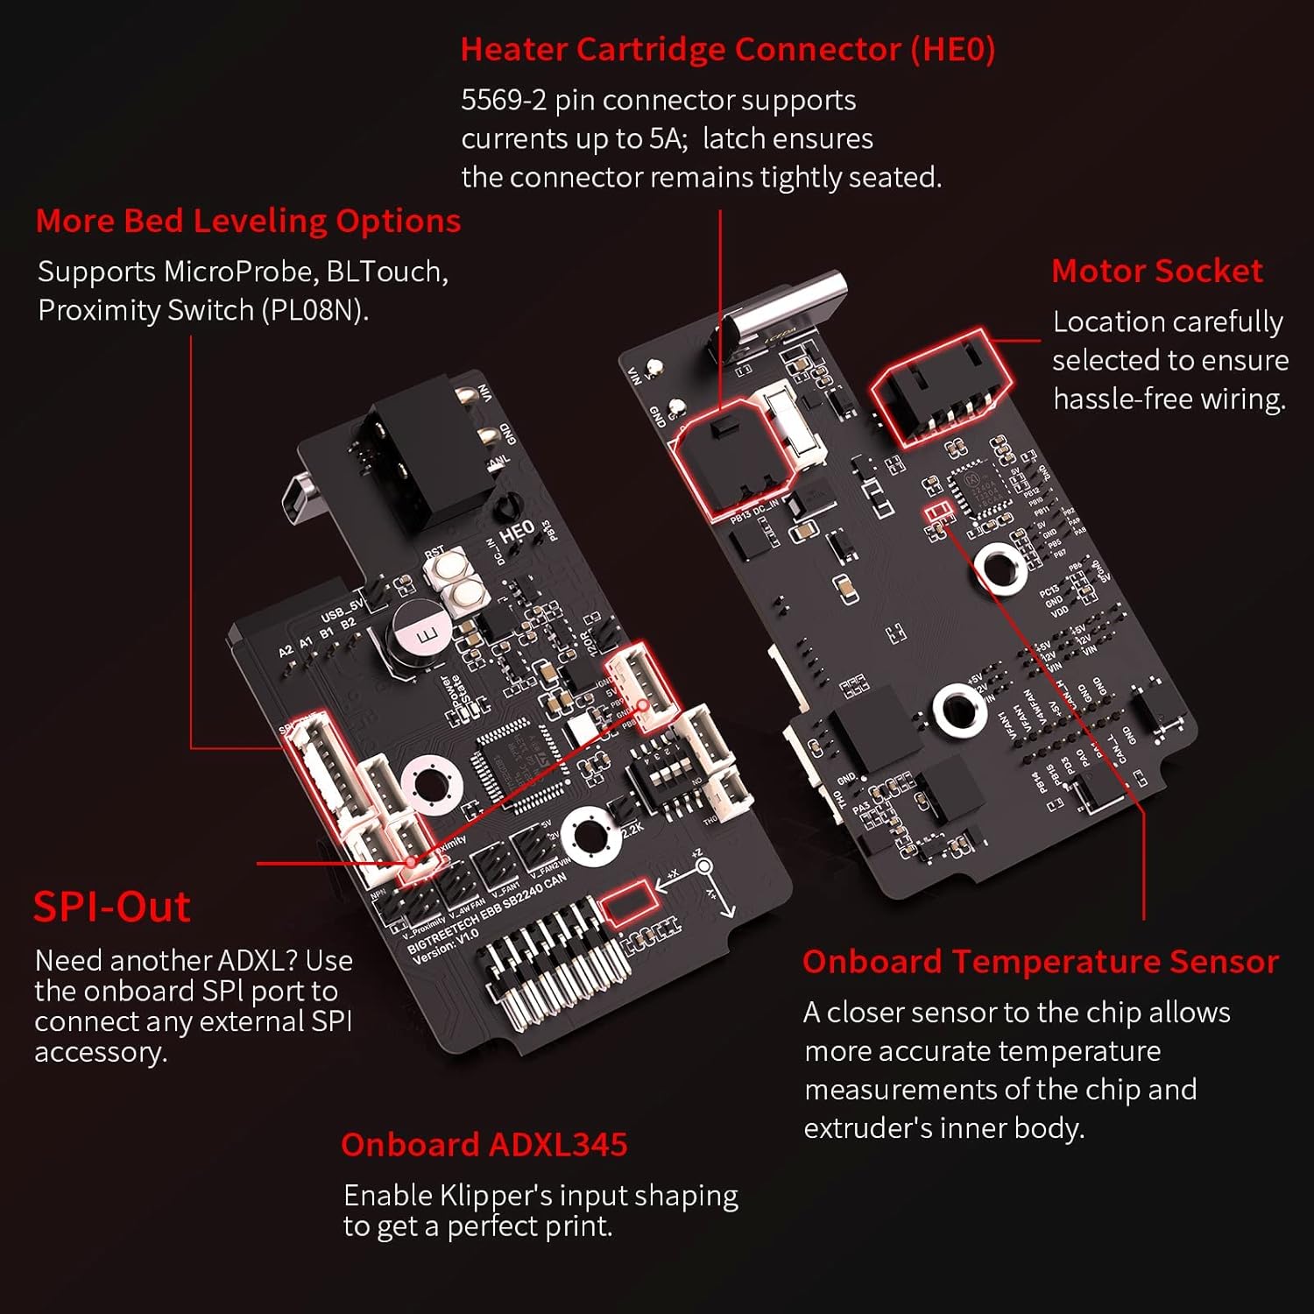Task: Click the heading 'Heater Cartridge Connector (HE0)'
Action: [727, 50]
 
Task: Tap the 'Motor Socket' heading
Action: [1156, 272]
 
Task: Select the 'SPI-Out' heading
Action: [112, 907]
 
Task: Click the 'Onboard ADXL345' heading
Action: [484, 1145]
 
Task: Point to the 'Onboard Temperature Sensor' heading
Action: [1040, 962]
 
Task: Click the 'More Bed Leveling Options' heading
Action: [248, 221]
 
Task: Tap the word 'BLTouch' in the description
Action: [385, 272]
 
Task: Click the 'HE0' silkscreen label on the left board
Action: [517, 532]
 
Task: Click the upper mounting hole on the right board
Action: [1000, 566]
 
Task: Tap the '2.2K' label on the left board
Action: [632, 828]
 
